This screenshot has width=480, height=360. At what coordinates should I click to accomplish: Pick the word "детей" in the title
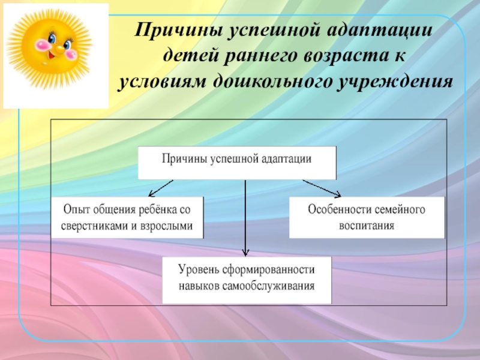click(192, 55)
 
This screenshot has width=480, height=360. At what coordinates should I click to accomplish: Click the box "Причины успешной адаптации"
click(237, 163)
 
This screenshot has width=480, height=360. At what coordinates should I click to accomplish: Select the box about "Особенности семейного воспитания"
click(367, 217)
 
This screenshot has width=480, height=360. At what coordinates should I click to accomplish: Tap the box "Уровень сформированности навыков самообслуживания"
click(247, 280)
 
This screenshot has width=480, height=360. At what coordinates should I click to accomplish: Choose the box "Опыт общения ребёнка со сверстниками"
click(128, 217)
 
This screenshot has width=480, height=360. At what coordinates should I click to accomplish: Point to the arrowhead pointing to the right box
click(338, 194)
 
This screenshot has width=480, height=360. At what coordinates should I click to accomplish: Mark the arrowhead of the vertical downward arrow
click(245, 253)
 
